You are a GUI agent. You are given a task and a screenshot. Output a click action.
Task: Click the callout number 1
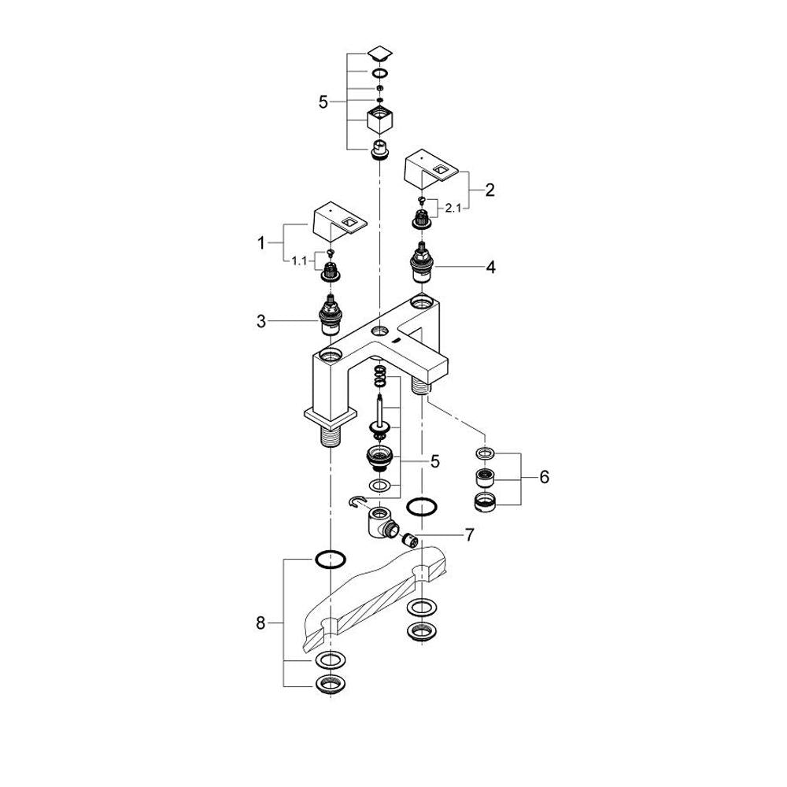click(261, 243)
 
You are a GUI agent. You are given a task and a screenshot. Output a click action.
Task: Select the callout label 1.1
click(299, 261)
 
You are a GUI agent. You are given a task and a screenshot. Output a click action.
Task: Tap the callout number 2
click(490, 190)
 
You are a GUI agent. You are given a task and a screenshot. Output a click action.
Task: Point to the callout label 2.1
click(453, 207)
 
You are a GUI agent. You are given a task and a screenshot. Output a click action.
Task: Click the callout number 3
click(261, 321)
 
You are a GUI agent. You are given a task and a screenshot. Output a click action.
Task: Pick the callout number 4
click(490, 267)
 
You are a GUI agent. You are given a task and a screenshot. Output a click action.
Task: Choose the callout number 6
click(545, 477)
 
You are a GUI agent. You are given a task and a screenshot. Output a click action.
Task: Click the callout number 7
click(469, 535)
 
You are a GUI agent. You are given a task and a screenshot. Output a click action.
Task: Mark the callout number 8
click(260, 623)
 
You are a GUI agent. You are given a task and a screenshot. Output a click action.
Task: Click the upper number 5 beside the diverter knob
click(323, 102)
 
